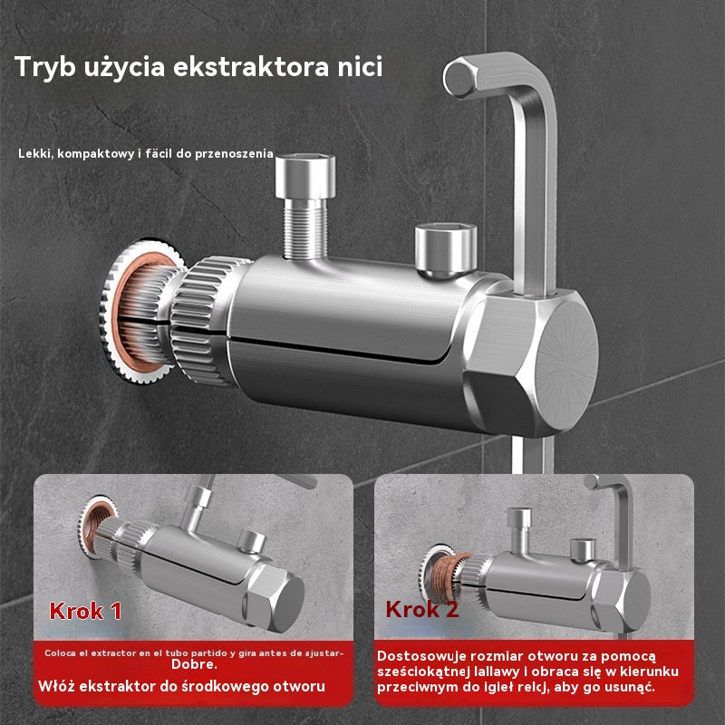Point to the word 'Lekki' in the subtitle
35,154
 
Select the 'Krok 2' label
422,608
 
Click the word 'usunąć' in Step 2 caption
629,688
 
